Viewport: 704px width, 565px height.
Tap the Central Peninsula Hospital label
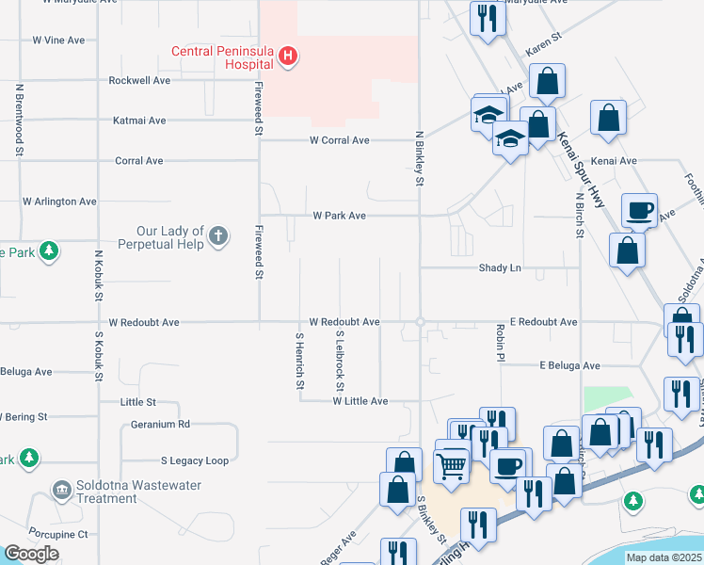pyautogui.click(x=224, y=57)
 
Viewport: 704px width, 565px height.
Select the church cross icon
pyautogui.click(x=218, y=236)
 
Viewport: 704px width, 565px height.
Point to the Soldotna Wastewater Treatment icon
pyautogui.click(x=62, y=490)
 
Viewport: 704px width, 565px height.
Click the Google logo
pyautogui.click(x=31, y=553)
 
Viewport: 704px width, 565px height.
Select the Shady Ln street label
pyautogui.click(x=500, y=268)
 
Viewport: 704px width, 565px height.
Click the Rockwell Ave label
pyautogui.click(x=139, y=81)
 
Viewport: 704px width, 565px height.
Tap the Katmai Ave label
pyautogui.click(x=139, y=121)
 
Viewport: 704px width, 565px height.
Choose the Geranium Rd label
pyautogui.click(x=160, y=424)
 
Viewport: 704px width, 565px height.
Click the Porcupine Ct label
pyautogui.click(x=57, y=534)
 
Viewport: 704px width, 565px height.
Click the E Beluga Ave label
pyautogui.click(x=568, y=365)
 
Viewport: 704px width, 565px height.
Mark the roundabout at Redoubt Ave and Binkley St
pyautogui.click(x=420, y=322)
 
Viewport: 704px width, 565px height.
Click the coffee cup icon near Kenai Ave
pyautogui.click(x=639, y=210)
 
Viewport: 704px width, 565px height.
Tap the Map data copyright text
pyautogui.click(x=664, y=557)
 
